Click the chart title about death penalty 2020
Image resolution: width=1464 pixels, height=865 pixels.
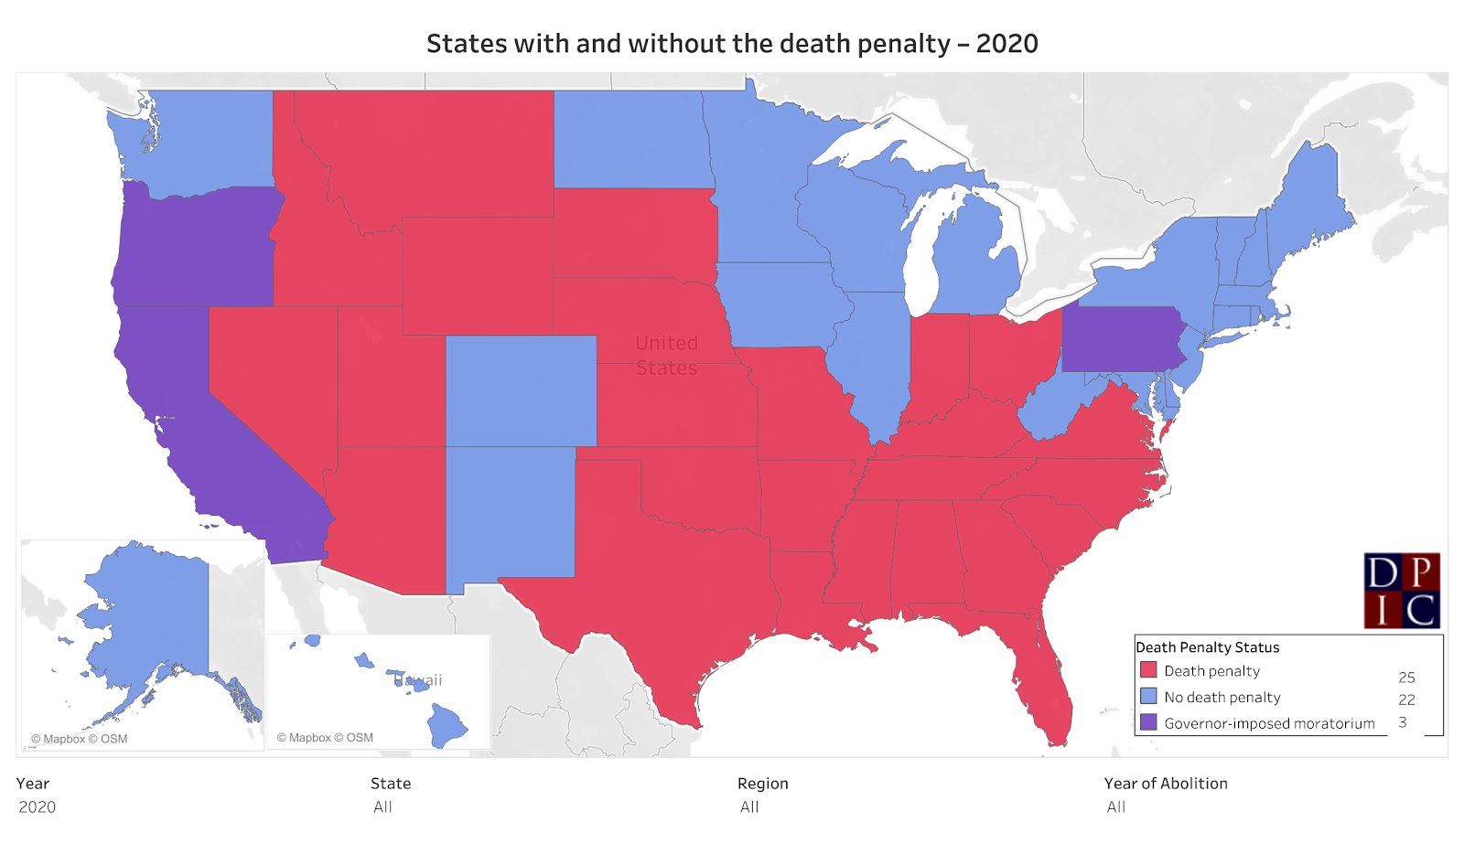732,44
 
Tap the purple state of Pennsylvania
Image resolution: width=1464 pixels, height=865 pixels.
1121,338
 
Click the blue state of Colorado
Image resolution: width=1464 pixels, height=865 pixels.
521,390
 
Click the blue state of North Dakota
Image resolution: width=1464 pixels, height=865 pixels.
631,139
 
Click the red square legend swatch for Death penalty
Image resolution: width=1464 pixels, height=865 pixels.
1148,670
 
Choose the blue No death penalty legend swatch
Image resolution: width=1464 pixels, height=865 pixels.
1148,697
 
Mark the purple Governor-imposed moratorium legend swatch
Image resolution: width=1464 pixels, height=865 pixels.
1148,722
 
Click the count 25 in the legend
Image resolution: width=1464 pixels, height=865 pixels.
1406,678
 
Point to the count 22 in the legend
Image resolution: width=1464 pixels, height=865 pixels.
1406,699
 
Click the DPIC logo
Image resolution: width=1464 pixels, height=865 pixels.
1402,590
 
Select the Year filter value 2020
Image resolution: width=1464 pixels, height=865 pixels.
38,807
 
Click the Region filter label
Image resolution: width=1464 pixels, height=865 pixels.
762,784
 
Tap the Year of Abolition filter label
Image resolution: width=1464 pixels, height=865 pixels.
1166,784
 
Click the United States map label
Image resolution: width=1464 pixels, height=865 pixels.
666,355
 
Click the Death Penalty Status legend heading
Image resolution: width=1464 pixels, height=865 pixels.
1207,647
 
